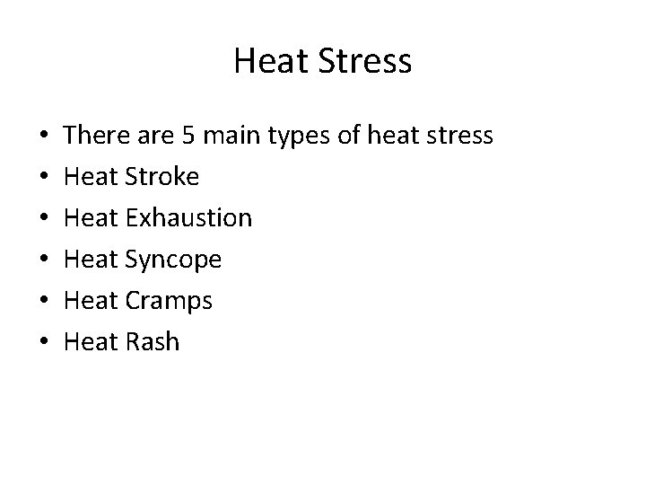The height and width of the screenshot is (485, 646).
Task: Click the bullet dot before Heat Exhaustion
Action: tap(45, 219)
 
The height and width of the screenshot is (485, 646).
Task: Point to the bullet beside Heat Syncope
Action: tap(45, 260)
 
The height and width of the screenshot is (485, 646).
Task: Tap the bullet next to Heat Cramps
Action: tap(45, 301)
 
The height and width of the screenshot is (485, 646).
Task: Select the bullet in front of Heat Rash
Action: tap(45, 342)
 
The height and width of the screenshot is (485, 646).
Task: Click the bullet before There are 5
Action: tap(45, 137)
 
